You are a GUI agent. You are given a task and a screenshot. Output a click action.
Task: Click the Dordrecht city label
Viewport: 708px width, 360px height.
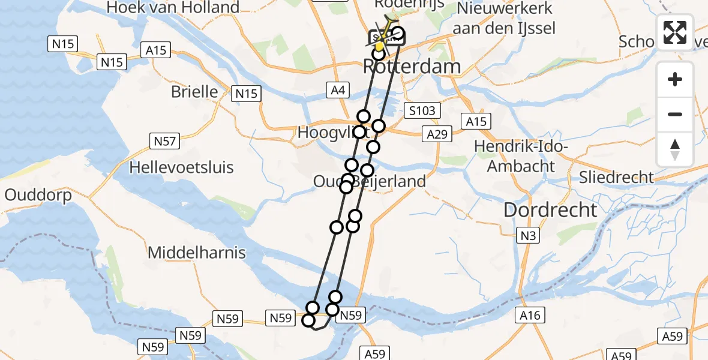click(550, 210)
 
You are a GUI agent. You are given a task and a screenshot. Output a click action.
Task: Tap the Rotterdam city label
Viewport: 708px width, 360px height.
click(412, 67)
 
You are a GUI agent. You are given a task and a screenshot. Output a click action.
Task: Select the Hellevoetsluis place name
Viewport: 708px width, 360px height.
click(182, 167)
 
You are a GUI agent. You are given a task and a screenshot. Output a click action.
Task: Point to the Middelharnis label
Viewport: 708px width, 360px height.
click(197, 253)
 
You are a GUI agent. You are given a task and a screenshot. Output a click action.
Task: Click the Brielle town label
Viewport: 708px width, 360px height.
click(194, 92)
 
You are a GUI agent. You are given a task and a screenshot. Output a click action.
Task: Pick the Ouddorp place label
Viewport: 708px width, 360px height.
click(38, 195)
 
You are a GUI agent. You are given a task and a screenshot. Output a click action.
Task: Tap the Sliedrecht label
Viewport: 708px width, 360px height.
click(616, 177)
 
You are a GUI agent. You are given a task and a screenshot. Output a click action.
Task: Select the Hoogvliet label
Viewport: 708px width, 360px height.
click(327, 133)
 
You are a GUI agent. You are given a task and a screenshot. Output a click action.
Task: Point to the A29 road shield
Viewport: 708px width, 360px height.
click(437, 134)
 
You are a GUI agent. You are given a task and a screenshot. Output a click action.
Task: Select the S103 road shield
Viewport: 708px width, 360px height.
click(422, 110)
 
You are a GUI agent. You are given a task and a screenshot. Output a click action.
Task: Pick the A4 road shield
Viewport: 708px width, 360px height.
click(338, 91)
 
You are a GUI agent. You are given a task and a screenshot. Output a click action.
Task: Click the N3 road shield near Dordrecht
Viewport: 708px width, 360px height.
click(528, 236)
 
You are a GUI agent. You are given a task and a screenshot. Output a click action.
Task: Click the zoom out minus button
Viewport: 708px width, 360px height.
click(675, 114)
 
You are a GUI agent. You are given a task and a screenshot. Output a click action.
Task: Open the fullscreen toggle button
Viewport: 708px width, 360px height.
click(675, 32)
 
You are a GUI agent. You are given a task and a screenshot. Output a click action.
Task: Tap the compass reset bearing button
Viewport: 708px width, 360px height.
click(675, 149)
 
